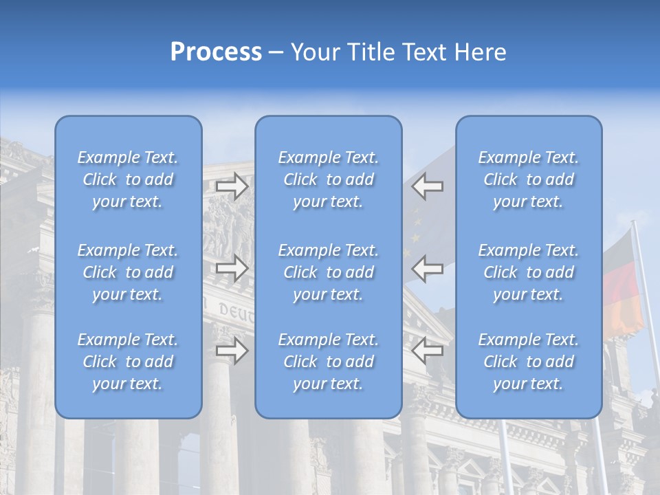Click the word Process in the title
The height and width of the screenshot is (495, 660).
[x=216, y=52]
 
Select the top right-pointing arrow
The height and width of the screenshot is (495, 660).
[x=232, y=186]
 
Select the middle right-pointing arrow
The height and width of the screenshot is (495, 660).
[x=232, y=268]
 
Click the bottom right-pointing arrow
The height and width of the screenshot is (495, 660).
[x=232, y=351]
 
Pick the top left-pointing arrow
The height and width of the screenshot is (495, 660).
[x=428, y=186]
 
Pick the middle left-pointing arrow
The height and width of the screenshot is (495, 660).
[x=428, y=268]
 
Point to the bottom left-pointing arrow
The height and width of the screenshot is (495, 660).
[x=428, y=351]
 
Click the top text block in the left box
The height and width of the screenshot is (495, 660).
[x=128, y=179]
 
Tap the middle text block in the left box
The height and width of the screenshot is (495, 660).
[x=128, y=272]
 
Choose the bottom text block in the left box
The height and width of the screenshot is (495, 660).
[x=128, y=362]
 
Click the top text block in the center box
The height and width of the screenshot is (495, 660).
[x=329, y=179]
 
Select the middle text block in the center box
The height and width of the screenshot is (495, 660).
[x=329, y=272]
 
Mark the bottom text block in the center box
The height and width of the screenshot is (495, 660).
[x=329, y=362]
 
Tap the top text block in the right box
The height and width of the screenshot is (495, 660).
[x=529, y=179]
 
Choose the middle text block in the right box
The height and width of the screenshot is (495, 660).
[x=529, y=272]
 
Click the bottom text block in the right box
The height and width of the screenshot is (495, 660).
[x=529, y=362]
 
